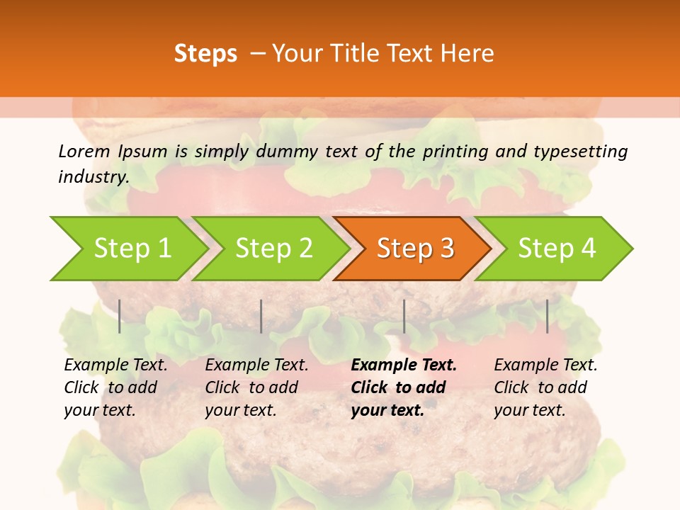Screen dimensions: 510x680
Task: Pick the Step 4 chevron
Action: [x=557, y=249]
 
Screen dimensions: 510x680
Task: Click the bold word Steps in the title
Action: [x=205, y=53]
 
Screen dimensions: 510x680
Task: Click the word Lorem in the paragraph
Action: [x=84, y=151]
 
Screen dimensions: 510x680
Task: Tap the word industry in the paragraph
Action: [x=93, y=176]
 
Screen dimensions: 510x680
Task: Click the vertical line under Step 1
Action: [x=120, y=316]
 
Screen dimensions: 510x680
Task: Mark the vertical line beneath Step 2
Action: [x=261, y=316]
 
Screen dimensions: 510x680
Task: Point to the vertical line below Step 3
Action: [x=404, y=316]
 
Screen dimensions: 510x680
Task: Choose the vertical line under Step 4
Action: [x=548, y=316]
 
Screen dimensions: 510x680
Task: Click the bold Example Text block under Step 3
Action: [x=404, y=387]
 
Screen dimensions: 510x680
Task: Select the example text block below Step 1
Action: [x=115, y=387]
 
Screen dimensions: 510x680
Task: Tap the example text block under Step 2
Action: [x=256, y=387]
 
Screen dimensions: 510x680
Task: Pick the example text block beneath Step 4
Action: [x=545, y=387]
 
